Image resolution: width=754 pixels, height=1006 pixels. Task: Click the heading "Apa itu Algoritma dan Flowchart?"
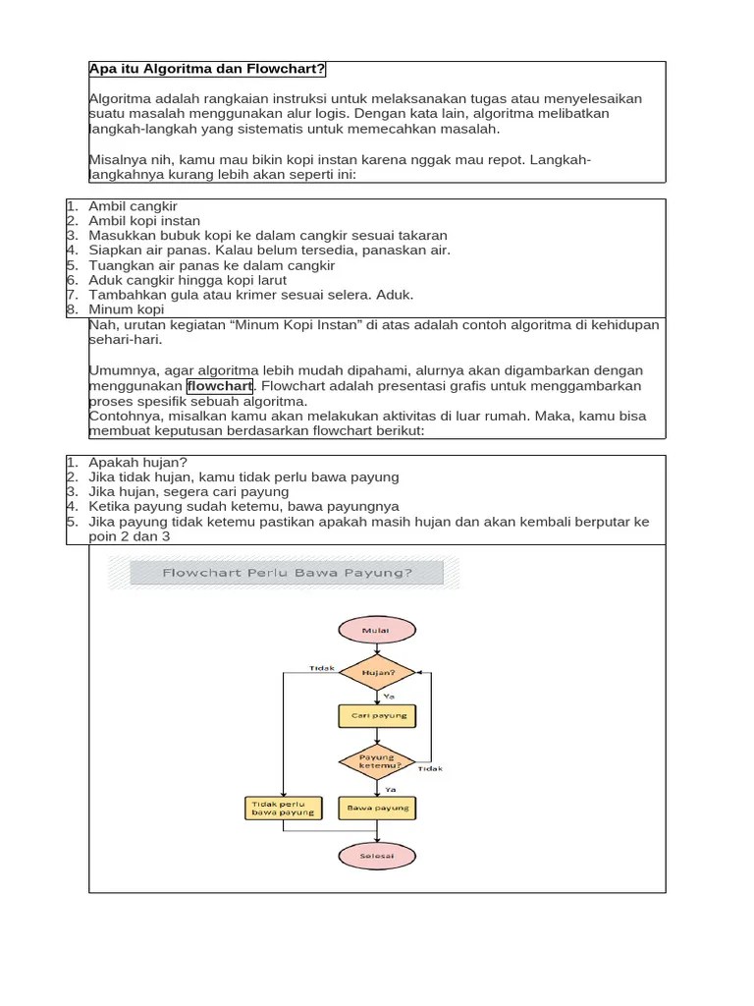207,69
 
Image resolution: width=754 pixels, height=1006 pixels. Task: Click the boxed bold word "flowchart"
220,386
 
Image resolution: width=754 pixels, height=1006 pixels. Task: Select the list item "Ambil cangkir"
133,206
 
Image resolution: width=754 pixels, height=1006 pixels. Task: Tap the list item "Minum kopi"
127,309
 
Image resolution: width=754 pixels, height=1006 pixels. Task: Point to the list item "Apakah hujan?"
137,462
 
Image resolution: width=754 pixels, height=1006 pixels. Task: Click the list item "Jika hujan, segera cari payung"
188,491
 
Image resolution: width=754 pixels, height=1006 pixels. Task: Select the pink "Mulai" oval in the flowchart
377,630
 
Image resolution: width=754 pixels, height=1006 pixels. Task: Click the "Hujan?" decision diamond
378,673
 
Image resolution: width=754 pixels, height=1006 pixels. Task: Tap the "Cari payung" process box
378,716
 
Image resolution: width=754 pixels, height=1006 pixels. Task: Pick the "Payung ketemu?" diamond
377,762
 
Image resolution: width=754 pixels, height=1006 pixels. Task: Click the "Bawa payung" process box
378,809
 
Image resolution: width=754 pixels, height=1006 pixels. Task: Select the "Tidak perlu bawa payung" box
283,809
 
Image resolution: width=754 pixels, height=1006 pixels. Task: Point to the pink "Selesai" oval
377,856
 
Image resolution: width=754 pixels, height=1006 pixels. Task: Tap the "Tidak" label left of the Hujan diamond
321,668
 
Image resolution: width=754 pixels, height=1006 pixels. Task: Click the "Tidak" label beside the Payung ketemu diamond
430,769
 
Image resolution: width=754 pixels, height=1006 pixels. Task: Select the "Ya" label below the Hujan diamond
389,696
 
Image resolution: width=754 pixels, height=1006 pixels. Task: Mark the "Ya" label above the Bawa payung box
390,789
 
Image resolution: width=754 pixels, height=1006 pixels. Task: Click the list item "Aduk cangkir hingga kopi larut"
188,280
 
